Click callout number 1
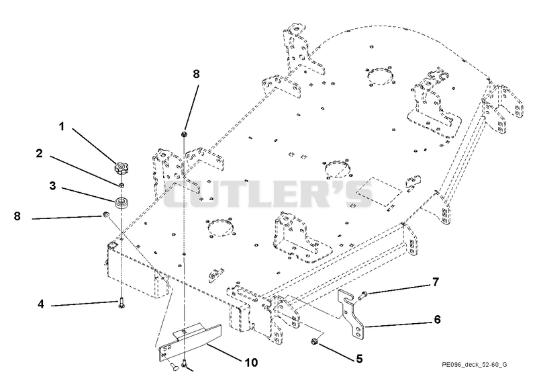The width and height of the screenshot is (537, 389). (x=62, y=127)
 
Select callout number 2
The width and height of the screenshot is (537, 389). (x=40, y=154)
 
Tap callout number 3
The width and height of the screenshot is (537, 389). (x=52, y=186)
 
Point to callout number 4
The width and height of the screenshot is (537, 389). (x=41, y=304)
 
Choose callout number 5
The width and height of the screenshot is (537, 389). (x=359, y=359)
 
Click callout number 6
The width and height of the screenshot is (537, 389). (x=437, y=319)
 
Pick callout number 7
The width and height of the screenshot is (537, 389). (x=435, y=282)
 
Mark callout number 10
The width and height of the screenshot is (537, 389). (x=251, y=362)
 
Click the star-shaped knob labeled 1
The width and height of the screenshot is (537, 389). (x=121, y=168)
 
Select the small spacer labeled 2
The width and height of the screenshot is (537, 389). (x=121, y=185)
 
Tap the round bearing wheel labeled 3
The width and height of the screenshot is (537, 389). (x=121, y=202)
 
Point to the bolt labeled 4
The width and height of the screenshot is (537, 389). (x=121, y=303)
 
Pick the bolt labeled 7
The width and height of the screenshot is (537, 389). (x=362, y=295)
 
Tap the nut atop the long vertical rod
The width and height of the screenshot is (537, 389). (x=184, y=134)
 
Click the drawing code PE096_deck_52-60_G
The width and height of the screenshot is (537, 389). (x=475, y=364)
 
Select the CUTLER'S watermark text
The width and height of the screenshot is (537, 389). (x=268, y=194)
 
